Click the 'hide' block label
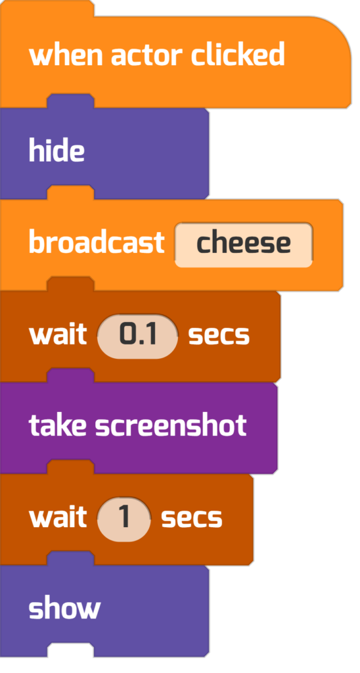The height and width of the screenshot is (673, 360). (56, 151)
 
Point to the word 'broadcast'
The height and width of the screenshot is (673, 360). (97, 242)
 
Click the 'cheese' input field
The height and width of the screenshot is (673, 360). (243, 244)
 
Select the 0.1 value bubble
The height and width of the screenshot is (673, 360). (138, 336)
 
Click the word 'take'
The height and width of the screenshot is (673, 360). (58, 425)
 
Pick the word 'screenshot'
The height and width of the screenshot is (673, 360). (171, 425)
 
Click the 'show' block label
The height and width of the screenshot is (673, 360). (64, 609)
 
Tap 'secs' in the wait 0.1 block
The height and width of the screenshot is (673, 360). (219, 335)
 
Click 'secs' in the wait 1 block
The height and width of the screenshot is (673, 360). (192, 518)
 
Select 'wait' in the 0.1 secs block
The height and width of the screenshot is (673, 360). (58, 335)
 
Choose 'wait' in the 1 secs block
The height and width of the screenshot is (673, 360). (58, 517)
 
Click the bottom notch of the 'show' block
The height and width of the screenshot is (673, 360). (70, 650)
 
